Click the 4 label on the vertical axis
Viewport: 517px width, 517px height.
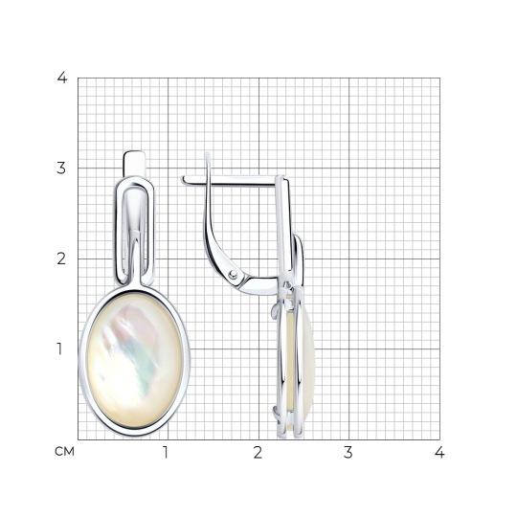tap(62, 78)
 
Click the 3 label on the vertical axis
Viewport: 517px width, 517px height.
tap(61, 169)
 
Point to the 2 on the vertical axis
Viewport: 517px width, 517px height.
tap(61, 258)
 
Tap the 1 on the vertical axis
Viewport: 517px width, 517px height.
tap(59, 349)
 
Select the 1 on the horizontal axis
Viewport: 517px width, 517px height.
tap(166, 453)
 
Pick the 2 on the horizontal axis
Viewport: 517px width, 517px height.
tap(258, 453)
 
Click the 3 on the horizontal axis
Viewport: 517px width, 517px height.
tap(348, 453)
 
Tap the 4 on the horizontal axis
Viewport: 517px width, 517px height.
tap(439, 453)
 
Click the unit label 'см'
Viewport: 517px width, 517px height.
tap(65, 452)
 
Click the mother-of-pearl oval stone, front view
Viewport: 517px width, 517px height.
tap(135, 360)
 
